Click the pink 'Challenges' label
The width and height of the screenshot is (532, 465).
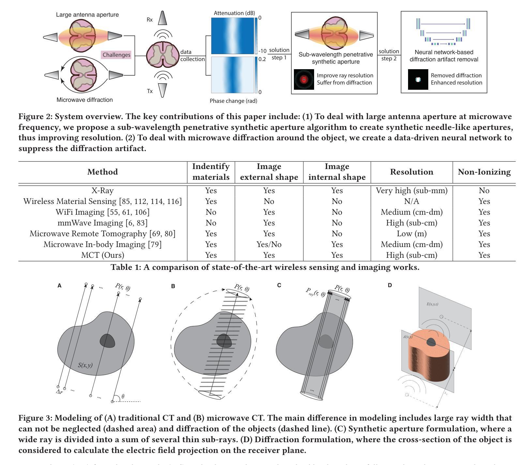coord(116,55)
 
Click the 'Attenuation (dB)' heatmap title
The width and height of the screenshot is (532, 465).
coord(234,13)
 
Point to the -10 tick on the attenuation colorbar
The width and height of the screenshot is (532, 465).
coord(262,51)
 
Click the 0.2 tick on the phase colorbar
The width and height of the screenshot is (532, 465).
coord(262,59)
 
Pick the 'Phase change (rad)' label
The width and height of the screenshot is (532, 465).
coord(233,101)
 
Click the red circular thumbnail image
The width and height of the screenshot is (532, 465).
coord(304,79)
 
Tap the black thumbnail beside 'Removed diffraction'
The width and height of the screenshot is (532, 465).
coord(418,79)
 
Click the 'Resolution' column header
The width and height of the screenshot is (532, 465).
coord(412,172)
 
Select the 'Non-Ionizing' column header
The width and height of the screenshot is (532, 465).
coord(484,172)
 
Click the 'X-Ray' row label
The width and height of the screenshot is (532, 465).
coord(102,191)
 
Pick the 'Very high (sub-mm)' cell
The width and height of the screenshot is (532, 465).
coord(412,191)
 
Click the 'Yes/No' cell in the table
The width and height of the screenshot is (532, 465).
coord(269,244)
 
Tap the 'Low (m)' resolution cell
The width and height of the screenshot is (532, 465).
coord(412,234)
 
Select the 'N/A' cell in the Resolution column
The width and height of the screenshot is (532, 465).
coord(412,201)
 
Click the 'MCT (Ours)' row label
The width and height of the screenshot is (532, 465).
coord(102,255)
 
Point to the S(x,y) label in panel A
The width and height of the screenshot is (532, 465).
coord(85,365)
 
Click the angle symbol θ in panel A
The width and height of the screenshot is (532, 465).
coord(123,396)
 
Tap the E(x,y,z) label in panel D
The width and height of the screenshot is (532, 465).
coord(433,304)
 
